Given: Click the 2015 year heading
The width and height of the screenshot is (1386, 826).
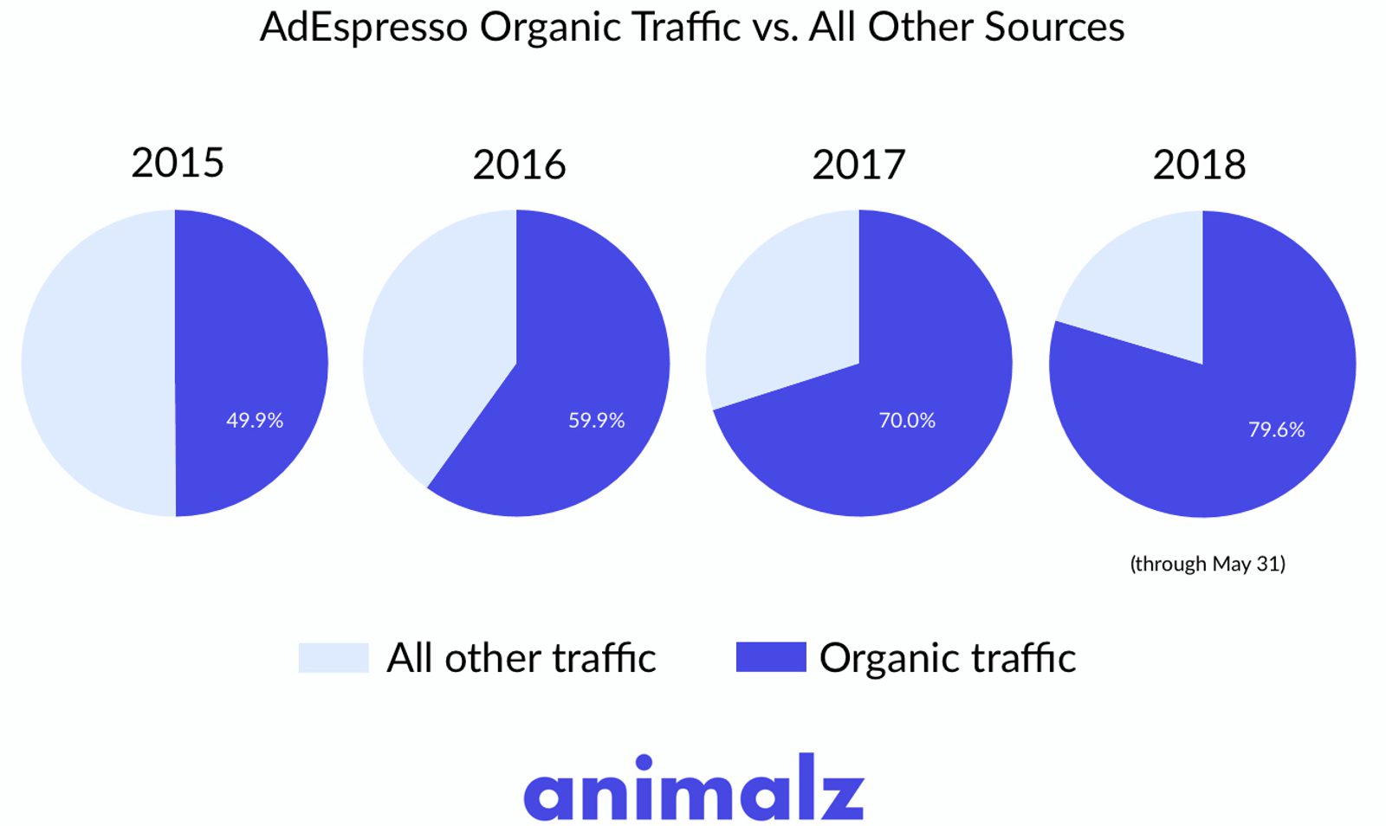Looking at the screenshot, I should [x=178, y=163].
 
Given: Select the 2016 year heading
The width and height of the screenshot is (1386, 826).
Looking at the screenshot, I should [x=519, y=165].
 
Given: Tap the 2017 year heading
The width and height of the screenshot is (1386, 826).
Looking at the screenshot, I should [x=858, y=165].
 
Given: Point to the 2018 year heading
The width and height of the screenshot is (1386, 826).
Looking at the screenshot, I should [x=1199, y=165].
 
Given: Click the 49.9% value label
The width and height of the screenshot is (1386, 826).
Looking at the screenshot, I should [x=255, y=420].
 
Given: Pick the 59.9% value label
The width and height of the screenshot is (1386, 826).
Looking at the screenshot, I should [x=596, y=420].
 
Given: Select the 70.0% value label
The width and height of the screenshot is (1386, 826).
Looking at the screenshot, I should [x=907, y=420].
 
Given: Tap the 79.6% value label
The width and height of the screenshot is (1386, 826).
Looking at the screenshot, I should [x=1276, y=429].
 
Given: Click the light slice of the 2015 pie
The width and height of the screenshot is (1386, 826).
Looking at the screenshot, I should [x=95, y=364].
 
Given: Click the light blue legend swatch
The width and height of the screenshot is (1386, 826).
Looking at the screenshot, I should [x=334, y=657].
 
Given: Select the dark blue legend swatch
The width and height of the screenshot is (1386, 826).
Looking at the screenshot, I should [x=770, y=657].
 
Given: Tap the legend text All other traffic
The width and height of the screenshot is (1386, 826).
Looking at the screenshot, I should [x=521, y=658].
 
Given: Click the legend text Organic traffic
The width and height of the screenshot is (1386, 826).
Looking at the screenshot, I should [x=947, y=659].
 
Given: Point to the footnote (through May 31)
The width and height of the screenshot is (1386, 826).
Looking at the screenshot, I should [x=1207, y=564].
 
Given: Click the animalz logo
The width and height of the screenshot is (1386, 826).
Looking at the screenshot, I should [x=693, y=788].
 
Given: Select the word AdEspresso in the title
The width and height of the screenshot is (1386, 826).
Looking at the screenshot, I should [x=364, y=28].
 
